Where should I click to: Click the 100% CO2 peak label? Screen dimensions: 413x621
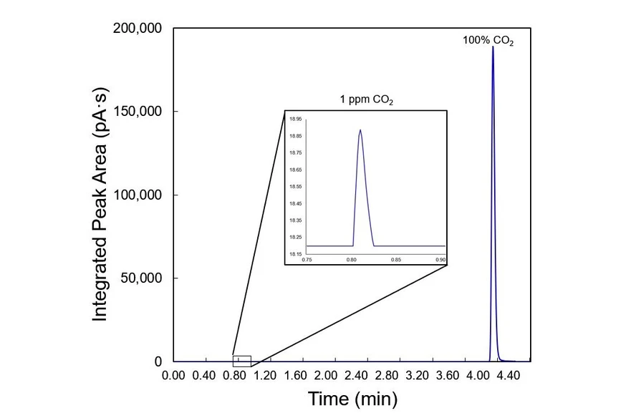pos(488,41)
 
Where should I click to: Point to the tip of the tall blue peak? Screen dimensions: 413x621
pos(493,47)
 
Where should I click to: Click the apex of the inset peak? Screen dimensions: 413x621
pos(360,130)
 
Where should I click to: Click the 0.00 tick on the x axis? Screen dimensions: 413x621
pos(174,376)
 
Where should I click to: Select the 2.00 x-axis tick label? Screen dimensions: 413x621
pos(326,376)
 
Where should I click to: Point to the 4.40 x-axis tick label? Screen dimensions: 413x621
pos(508,376)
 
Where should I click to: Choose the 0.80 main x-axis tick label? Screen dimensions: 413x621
pos(235,376)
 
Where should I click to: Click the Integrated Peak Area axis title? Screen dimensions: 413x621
pos(100,195)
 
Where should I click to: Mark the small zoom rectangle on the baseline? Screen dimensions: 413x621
pos(242,361)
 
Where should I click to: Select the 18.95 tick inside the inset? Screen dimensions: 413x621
pos(294,119)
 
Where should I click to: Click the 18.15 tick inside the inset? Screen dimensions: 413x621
pos(294,254)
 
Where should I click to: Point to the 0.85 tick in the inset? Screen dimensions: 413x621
pos(396,260)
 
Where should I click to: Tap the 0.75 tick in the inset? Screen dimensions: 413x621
pos(307,260)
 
